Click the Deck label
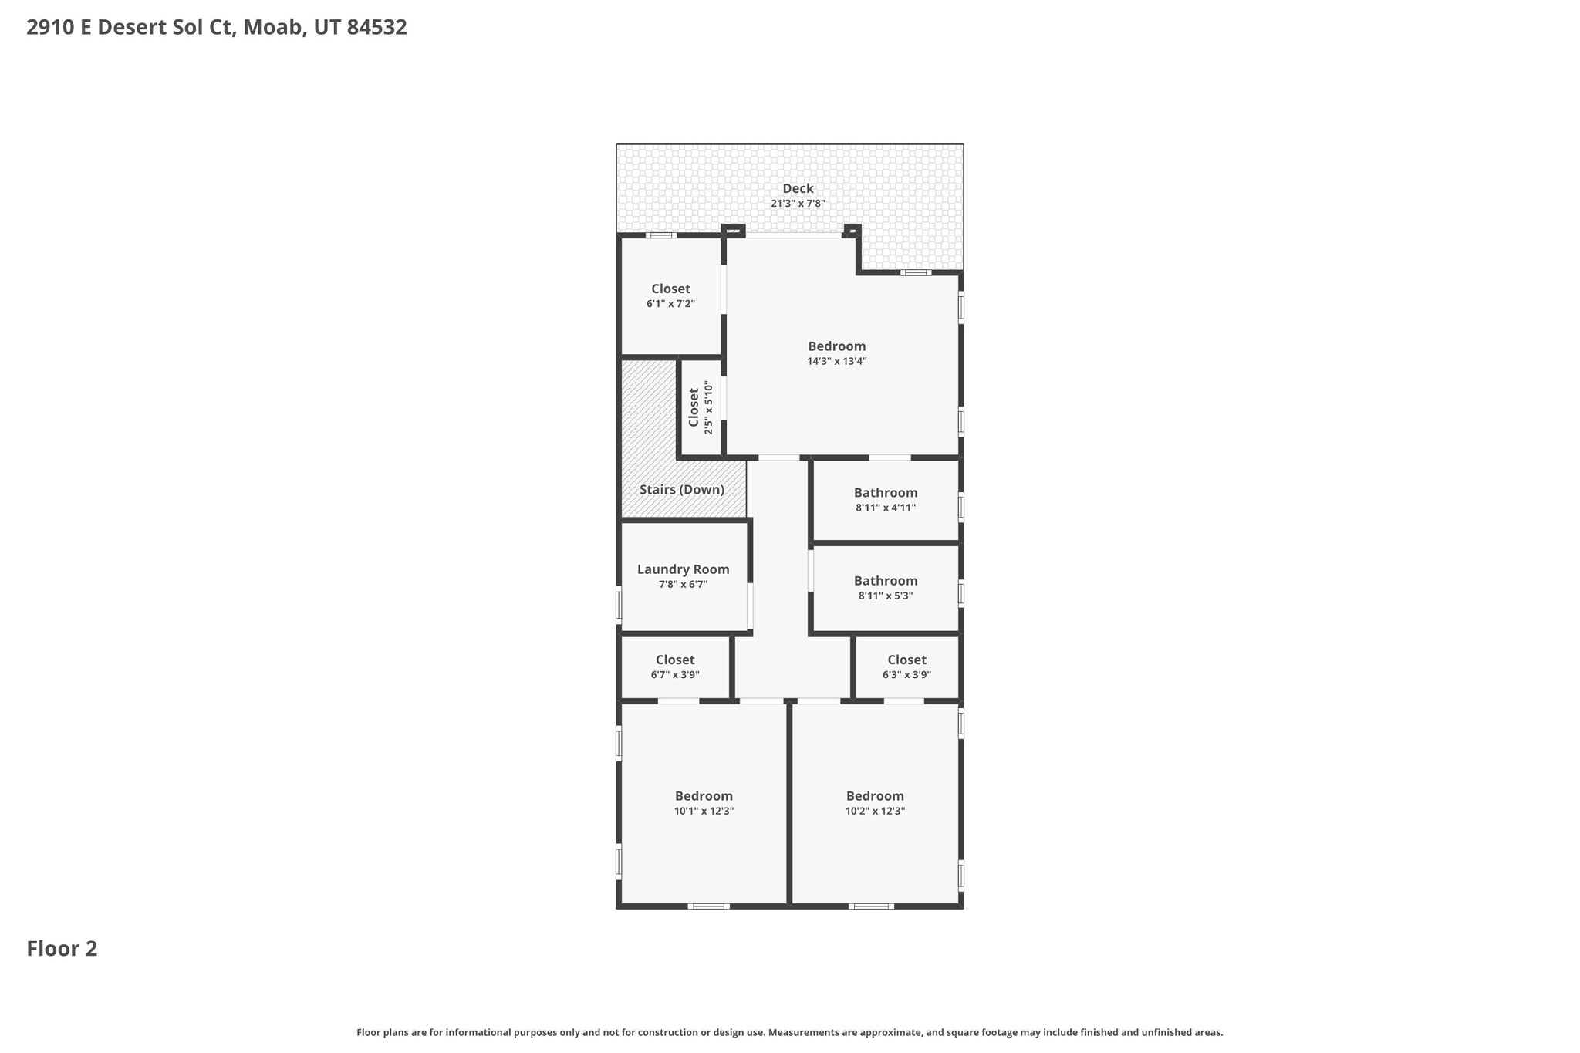click(798, 188)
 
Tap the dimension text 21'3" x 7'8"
click(798, 204)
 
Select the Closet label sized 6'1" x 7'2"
click(670, 289)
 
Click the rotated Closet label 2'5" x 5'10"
click(694, 407)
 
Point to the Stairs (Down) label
click(682, 490)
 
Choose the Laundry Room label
click(683, 569)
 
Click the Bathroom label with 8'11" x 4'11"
click(886, 493)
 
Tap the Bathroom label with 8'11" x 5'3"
click(886, 581)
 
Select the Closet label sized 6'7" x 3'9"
click(675, 660)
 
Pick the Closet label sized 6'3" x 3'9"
click(906, 660)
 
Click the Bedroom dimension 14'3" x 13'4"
click(837, 361)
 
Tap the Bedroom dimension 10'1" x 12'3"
click(704, 811)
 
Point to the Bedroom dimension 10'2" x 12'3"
click(875, 811)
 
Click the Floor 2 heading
click(62, 949)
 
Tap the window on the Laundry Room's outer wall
click(619, 605)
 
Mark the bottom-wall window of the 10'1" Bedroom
click(708, 906)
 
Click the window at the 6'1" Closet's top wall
click(661, 235)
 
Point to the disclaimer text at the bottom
click(789, 1032)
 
